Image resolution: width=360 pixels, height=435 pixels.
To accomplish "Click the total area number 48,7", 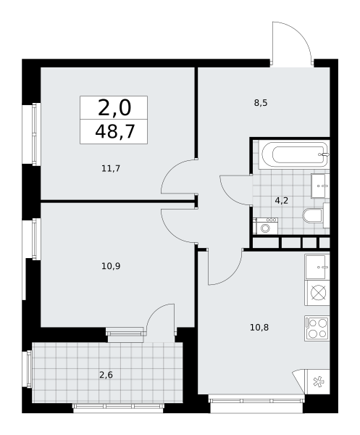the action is [x=114, y=131].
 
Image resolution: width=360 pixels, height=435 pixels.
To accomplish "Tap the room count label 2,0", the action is [x=114, y=108].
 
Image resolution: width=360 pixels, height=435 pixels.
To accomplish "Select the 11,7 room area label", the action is [x=111, y=168].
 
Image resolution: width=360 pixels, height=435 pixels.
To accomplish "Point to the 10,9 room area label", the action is [x=111, y=266].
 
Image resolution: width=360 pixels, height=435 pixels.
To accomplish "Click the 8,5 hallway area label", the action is [x=261, y=103].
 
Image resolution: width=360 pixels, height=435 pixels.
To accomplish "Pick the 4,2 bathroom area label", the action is [x=281, y=200].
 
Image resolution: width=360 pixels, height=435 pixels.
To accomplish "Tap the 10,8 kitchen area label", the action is [x=259, y=328].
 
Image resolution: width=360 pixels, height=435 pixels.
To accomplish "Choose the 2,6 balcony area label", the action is [x=106, y=375].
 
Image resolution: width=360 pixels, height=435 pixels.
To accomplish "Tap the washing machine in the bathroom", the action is [x=265, y=226].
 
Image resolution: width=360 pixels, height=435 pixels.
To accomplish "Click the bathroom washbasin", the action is [x=320, y=186].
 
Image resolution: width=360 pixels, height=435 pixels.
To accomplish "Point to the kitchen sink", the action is [x=317, y=267].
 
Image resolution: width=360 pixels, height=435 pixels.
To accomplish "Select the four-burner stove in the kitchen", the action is [x=317, y=328].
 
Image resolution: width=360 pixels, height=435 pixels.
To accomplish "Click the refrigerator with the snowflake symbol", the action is [x=317, y=382].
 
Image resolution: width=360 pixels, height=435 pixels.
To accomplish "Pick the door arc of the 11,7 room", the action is [x=170, y=168].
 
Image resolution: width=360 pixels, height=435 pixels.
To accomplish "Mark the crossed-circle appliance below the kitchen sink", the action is [x=317, y=293].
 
